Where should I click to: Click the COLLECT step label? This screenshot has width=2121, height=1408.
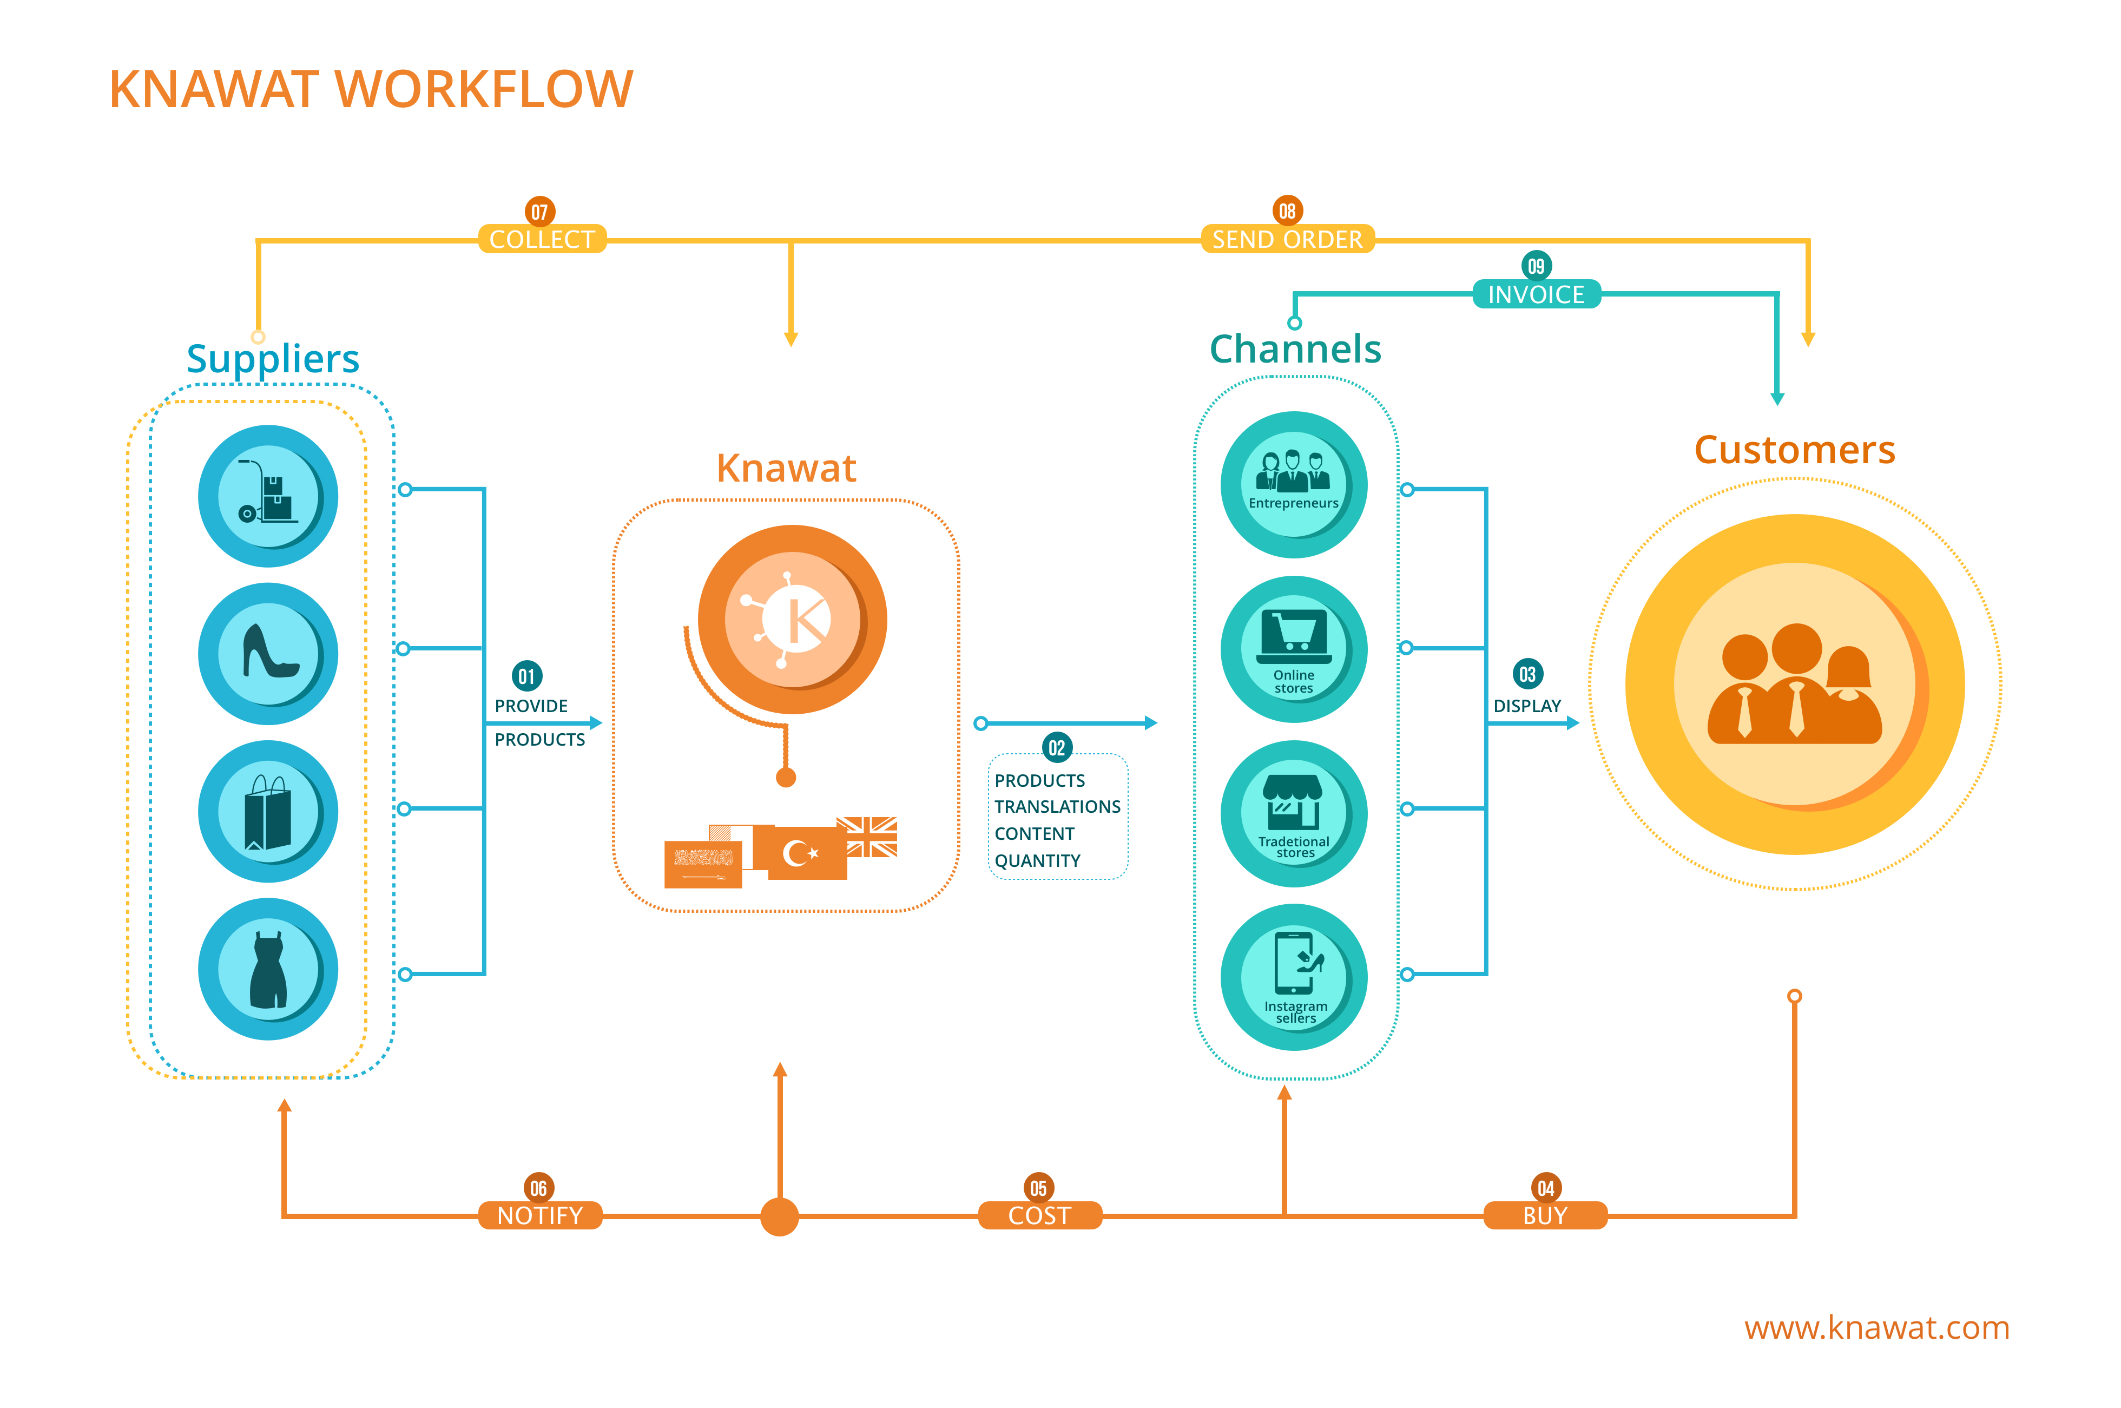(542, 239)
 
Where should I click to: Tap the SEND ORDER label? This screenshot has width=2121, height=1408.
(1287, 239)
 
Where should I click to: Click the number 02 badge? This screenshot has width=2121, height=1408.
(1057, 747)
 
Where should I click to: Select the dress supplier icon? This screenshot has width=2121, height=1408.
(268, 969)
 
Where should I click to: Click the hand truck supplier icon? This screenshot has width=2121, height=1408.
(268, 496)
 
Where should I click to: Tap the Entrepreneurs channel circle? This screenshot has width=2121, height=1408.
(1293, 485)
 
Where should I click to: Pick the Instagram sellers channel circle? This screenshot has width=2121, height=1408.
(1293, 977)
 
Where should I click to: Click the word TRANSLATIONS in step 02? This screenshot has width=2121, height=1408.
(1057, 806)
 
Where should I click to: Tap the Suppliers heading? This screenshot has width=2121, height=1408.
(272, 358)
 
